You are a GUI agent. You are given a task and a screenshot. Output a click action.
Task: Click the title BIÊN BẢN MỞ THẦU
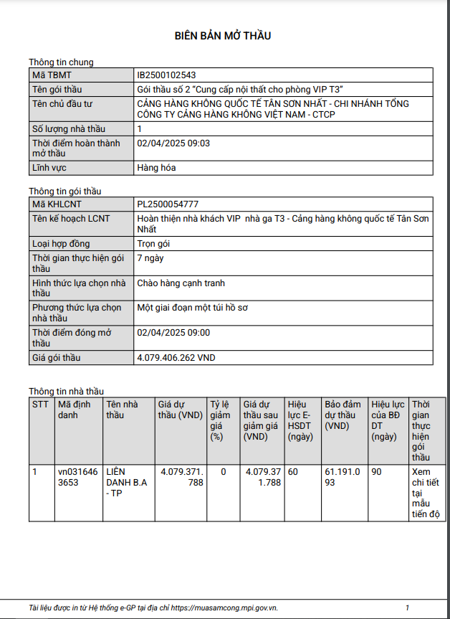(x=223, y=36)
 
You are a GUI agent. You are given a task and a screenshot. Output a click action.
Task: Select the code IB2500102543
(x=166, y=75)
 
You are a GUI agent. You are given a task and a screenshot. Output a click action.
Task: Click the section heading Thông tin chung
(x=61, y=62)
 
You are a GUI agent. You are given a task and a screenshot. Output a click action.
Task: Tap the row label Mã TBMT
(x=52, y=75)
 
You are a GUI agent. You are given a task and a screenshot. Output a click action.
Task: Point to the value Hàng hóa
(x=156, y=168)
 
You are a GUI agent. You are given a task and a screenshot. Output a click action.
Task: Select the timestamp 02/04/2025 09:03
(x=173, y=143)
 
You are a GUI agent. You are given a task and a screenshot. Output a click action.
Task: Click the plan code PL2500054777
(x=168, y=204)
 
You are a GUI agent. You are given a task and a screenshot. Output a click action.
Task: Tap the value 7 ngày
(x=150, y=257)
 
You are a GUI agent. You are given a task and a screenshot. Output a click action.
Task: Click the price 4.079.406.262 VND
(x=176, y=357)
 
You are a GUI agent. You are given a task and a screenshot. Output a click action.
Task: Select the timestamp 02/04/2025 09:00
(x=173, y=333)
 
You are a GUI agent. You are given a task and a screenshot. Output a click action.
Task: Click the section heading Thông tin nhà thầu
(x=66, y=391)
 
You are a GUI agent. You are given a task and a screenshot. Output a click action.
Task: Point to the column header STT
(x=40, y=404)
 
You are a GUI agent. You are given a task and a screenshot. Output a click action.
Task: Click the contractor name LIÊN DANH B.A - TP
(x=126, y=483)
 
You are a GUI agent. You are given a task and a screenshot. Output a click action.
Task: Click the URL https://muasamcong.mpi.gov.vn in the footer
(x=224, y=608)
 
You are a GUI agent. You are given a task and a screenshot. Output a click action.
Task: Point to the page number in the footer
(x=408, y=608)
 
